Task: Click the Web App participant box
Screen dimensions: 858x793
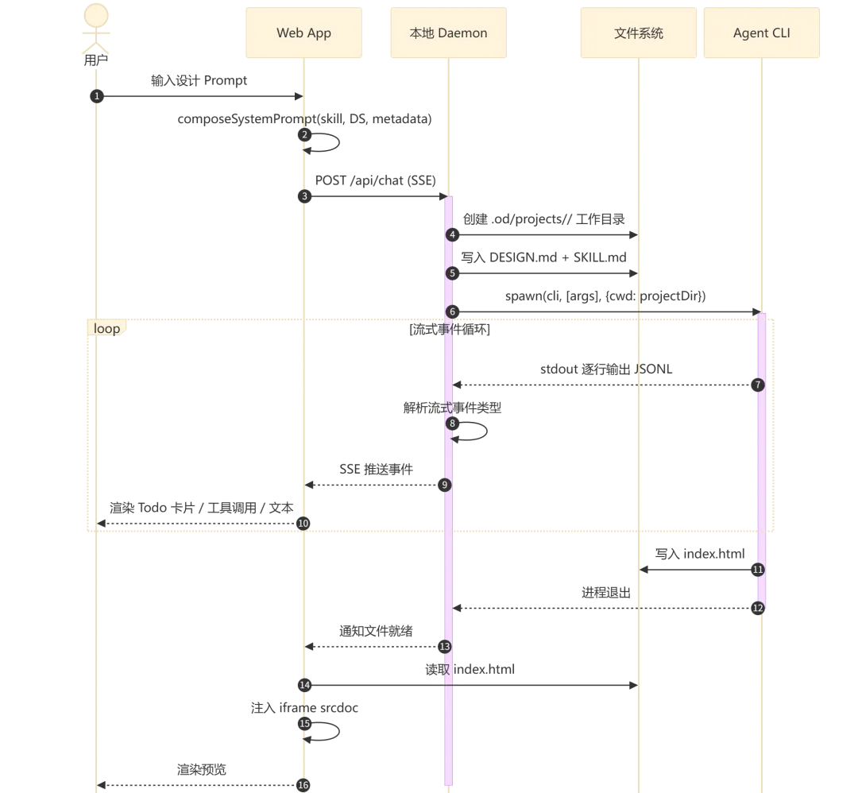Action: coord(303,33)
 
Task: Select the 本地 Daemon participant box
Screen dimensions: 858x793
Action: coord(448,33)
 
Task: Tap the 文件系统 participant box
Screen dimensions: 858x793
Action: coord(639,33)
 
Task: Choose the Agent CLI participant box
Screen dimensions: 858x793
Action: coord(762,33)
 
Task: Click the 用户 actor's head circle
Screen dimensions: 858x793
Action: coord(96,15)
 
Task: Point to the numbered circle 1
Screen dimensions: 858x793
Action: coord(97,96)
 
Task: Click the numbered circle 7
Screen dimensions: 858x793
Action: coord(758,385)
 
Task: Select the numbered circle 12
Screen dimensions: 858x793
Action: coord(758,608)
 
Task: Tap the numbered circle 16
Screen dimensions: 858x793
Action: coord(303,785)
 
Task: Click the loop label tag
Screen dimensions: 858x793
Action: coord(106,328)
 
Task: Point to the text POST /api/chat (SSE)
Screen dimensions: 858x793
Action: coord(375,180)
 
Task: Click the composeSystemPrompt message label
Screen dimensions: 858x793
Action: coord(304,118)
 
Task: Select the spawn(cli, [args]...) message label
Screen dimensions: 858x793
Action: coord(605,296)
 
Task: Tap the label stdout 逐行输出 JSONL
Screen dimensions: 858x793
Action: coord(606,369)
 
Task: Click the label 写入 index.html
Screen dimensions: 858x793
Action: coord(700,554)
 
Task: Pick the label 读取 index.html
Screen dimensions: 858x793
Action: coord(470,669)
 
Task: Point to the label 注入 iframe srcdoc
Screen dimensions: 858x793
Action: coord(304,708)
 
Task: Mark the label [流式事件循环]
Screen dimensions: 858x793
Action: coord(450,329)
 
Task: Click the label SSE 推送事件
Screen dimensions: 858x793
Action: coord(376,470)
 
